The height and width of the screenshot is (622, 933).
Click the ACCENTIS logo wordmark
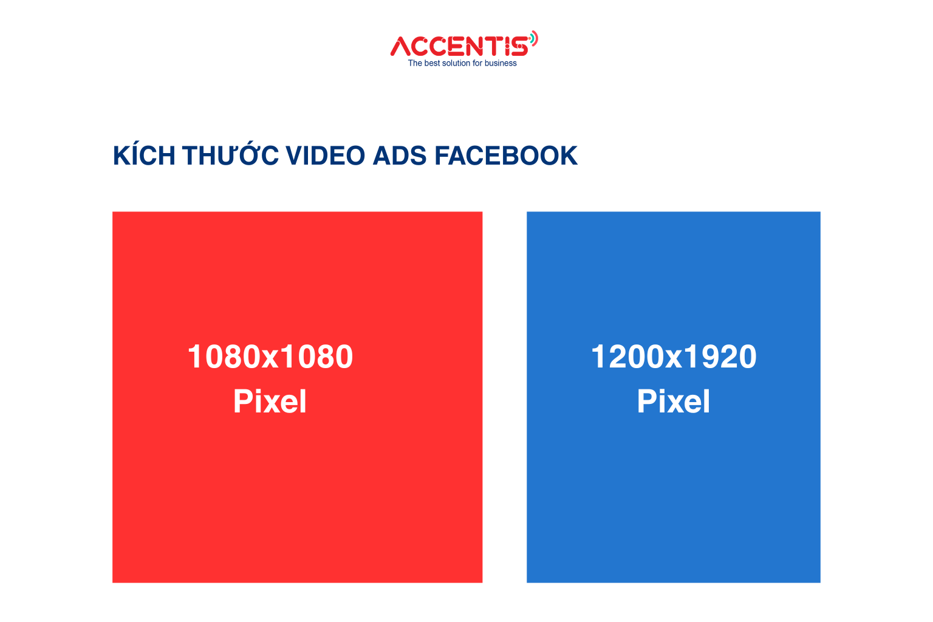(x=460, y=46)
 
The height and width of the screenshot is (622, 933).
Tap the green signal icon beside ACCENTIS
(x=534, y=39)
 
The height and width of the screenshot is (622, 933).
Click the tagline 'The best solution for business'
(x=462, y=63)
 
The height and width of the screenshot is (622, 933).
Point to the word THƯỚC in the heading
(x=230, y=155)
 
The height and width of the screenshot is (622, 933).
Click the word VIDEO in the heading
(x=326, y=156)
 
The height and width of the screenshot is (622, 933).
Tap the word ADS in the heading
(x=400, y=156)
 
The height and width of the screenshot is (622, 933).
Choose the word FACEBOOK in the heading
(x=506, y=156)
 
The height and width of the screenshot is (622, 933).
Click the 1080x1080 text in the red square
(x=270, y=357)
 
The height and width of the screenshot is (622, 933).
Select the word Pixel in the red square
(x=270, y=401)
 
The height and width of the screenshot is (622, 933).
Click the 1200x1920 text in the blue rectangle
(x=674, y=357)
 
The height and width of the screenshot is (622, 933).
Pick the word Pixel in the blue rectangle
(x=674, y=401)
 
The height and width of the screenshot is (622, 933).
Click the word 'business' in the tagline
(x=501, y=63)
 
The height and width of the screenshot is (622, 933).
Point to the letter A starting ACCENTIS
(x=402, y=46)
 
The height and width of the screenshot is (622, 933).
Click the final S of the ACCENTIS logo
(x=520, y=46)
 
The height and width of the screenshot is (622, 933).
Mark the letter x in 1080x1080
(x=271, y=360)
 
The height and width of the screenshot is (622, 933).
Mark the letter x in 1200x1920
(x=674, y=360)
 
